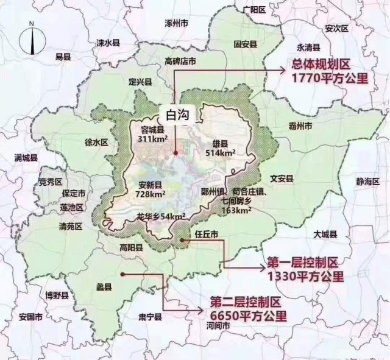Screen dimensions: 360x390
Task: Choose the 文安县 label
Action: [x=282, y=178]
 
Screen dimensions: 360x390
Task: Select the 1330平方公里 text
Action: [x=305, y=276]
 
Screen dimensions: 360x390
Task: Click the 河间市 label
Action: [x=218, y=326]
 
